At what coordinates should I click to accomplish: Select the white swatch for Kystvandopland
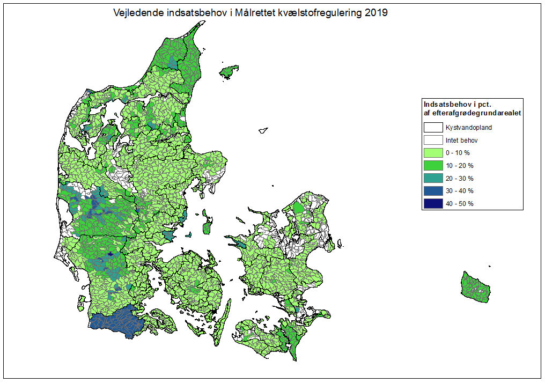pyautogui.click(x=433, y=128)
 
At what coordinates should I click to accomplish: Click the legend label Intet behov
pyautogui.click(x=461, y=141)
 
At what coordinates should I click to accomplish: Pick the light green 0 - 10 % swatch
pyautogui.click(x=433, y=153)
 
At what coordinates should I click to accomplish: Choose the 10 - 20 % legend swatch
pyautogui.click(x=433, y=165)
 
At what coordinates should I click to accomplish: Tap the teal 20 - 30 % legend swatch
pyautogui.click(x=433, y=178)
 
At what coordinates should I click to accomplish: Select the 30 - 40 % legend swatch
pyautogui.click(x=433, y=190)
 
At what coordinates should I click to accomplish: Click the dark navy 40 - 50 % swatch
pyautogui.click(x=433, y=203)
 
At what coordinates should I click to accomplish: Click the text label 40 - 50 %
pyautogui.click(x=459, y=204)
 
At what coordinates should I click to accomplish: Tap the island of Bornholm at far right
pyautogui.click(x=474, y=286)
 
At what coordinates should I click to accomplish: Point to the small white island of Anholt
pyautogui.click(x=263, y=129)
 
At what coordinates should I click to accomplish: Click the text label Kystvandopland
pyautogui.click(x=468, y=128)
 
